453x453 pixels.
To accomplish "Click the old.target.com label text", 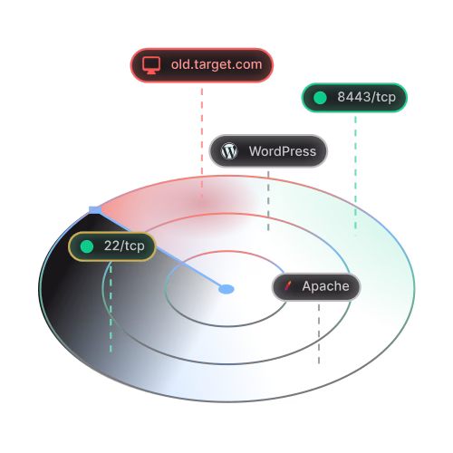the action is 217,64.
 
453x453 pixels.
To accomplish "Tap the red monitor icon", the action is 151,65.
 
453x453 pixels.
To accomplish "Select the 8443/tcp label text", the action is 366,97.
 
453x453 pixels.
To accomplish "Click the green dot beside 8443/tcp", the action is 320,98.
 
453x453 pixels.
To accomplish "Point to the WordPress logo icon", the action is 229,151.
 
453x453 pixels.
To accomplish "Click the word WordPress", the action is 283,151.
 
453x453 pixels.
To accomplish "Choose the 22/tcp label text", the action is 124,246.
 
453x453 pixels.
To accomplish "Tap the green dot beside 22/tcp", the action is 87,246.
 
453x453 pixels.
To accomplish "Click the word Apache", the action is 325,286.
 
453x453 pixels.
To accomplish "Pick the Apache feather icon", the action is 288,285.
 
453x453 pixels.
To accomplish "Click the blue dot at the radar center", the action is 226,289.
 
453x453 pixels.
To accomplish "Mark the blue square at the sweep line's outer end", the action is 95,209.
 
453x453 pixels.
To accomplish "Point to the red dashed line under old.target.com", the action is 202,142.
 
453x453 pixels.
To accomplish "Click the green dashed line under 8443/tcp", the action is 355,176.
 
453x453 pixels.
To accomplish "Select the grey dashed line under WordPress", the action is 268,201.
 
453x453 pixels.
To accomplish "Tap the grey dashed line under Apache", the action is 319,333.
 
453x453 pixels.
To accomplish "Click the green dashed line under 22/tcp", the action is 111,308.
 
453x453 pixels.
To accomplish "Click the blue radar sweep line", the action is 160,249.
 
